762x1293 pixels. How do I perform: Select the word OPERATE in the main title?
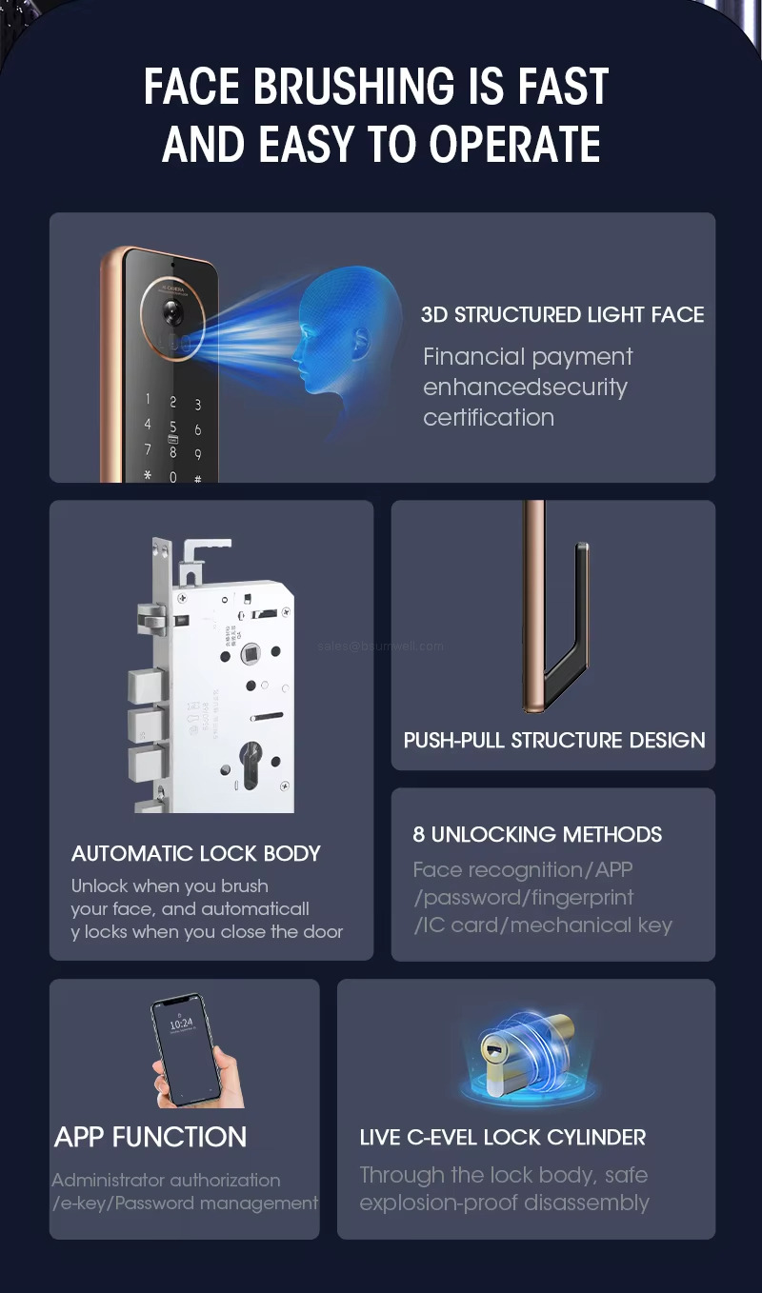point(513,145)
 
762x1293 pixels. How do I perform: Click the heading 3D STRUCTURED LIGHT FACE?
point(562,315)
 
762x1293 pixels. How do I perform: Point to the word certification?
point(488,417)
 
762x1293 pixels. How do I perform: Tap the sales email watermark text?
point(380,646)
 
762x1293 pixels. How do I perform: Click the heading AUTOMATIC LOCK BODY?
point(195,853)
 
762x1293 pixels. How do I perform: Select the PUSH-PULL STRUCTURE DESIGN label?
point(553,740)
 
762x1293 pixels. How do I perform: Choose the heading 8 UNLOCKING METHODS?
point(536,834)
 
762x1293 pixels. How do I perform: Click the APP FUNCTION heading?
point(150,1137)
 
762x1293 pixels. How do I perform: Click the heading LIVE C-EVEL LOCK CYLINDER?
point(502,1137)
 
